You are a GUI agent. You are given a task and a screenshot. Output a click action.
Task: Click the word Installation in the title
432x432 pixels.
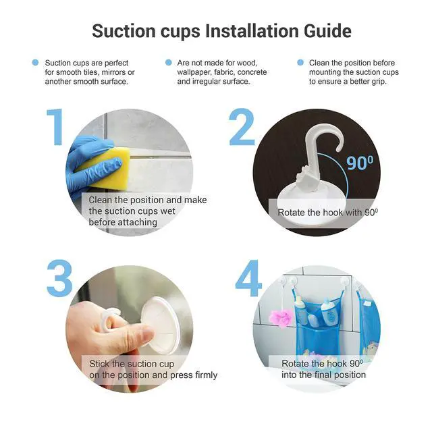[252, 30]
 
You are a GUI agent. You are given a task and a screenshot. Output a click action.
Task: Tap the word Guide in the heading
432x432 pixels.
[327, 30]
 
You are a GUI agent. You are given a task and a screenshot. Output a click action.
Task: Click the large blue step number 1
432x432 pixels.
[55, 127]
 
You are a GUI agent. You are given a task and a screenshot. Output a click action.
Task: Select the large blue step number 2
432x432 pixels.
[242, 127]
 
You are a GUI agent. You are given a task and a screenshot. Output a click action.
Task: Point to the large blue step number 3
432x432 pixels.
[59, 278]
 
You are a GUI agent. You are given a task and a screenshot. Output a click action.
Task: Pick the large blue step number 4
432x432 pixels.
[248, 278]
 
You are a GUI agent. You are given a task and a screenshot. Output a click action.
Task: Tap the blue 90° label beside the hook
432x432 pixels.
[360, 163]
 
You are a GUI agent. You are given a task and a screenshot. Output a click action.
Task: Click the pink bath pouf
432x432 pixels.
[281, 318]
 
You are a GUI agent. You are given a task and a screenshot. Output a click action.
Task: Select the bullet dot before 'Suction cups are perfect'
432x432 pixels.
[35, 63]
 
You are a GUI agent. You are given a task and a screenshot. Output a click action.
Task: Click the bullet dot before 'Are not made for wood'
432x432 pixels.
[169, 63]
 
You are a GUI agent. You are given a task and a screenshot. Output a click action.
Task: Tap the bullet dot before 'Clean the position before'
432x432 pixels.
[300, 63]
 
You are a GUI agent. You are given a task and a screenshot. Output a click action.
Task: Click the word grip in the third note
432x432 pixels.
[379, 82]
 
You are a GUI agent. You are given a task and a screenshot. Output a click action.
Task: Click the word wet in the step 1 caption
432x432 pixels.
[168, 211]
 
